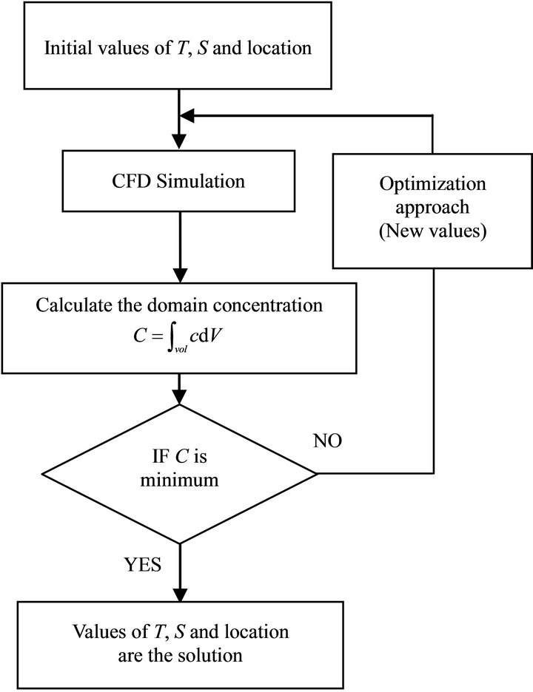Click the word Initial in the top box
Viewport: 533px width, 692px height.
click(x=69, y=49)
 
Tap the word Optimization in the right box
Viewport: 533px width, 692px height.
click(x=432, y=183)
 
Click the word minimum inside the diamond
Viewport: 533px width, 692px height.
click(x=181, y=481)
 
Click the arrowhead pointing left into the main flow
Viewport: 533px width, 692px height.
click(x=188, y=115)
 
